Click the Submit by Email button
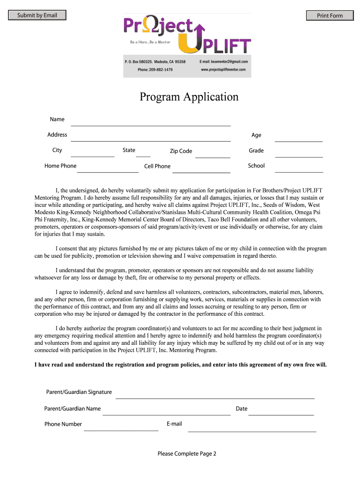[x=37, y=15]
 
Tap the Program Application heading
[x=189, y=97]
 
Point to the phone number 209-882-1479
[x=155, y=70]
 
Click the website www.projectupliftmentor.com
[x=223, y=70]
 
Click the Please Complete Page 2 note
[x=187, y=453]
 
